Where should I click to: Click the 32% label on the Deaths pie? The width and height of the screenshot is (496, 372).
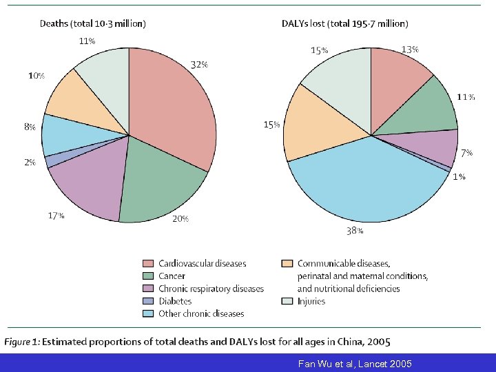pos(199,65)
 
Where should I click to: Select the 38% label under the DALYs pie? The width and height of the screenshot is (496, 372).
pos(355,231)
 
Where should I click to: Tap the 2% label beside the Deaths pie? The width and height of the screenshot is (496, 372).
pos(30,163)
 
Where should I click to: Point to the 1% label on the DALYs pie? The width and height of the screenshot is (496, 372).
pos(459,177)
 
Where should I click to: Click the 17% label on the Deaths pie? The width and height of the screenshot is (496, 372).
pos(56,216)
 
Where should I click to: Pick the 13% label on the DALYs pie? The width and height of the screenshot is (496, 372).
pos(410,50)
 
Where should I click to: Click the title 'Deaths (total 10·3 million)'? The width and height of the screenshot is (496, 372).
pos(92,23)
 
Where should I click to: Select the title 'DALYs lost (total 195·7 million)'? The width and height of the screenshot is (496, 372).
pos(344,23)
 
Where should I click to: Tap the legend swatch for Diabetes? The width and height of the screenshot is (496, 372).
pos(147,301)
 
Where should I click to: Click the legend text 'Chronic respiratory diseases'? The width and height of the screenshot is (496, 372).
pos(211,289)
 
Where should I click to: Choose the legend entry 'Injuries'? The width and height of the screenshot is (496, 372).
pos(311,301)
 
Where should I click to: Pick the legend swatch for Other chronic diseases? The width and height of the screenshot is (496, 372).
pos(147,313)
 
